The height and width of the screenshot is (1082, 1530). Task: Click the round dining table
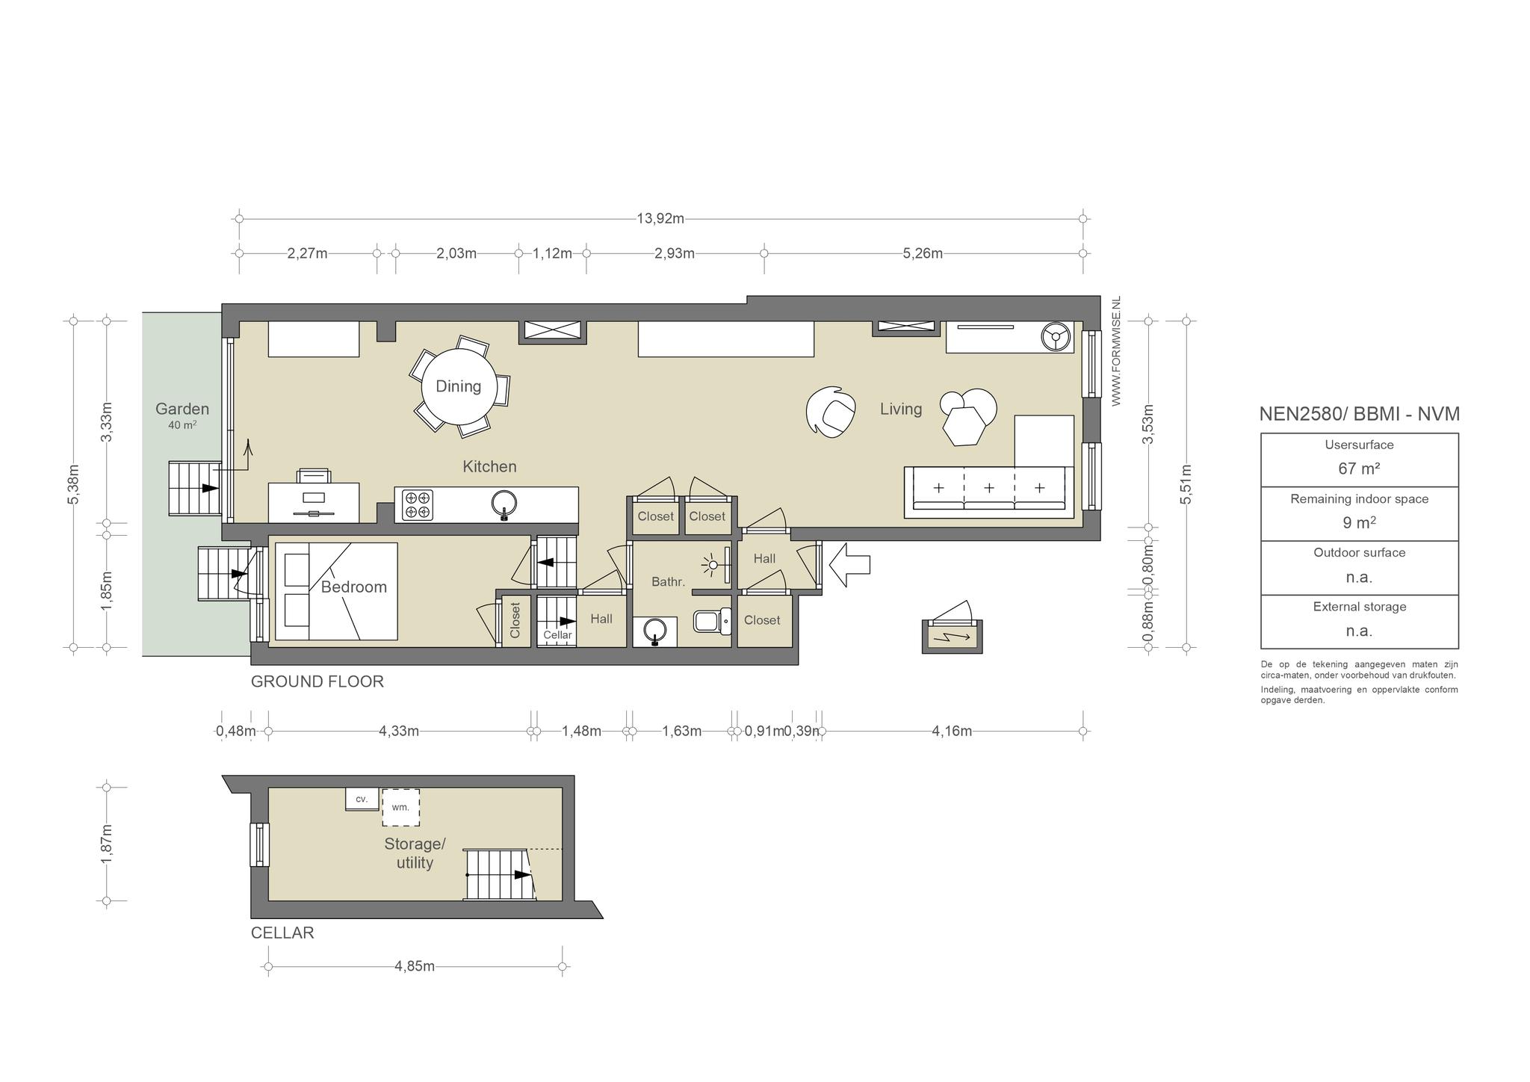pos(458,386)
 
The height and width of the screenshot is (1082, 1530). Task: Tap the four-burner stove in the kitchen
pos(418,504)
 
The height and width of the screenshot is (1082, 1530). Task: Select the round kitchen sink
pos(505,504)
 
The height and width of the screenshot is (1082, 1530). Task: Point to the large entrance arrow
pos(849,564)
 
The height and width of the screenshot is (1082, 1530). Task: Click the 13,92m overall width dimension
pos(660,219)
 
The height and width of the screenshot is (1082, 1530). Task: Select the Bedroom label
pos(354,587)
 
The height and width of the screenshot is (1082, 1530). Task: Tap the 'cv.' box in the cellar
pos(362,799)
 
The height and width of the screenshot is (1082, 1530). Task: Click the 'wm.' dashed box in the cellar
pos(400,807)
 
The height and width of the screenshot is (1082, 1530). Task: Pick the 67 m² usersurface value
pos(1359,469)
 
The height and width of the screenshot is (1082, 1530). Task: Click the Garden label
pos(182,409)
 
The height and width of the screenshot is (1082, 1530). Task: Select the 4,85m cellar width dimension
pos(415,966)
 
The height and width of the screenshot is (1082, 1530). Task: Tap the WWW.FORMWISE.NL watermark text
pos(1117,351)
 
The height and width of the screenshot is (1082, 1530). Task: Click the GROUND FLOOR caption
pos(318,681)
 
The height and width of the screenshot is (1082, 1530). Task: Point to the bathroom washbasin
pos(655,631)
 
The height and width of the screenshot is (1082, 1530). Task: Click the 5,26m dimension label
pos(923,253)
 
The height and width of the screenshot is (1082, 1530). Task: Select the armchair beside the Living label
pos(831,411)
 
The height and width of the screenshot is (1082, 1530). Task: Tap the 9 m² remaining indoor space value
pos(1359,523)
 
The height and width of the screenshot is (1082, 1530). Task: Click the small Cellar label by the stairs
pos(557,635)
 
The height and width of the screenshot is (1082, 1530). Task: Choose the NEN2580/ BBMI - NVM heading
pos(1359,414)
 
